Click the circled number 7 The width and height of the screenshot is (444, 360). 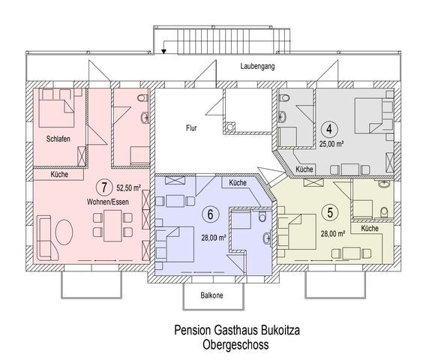pos(104,187)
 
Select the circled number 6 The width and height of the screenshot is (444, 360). pos(210,214)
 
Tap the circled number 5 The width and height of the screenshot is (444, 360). pos(330,213)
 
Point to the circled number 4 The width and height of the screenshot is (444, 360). pos(328,129)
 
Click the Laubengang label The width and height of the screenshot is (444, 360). pos(257,67)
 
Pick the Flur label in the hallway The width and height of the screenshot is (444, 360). pos(191,128)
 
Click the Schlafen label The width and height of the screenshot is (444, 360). pos(58,139)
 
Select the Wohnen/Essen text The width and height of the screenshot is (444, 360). pos(107,202)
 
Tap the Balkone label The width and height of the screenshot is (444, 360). pos(211,295)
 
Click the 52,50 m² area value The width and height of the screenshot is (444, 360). pos(129,187)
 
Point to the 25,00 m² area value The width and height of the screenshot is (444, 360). pos(331,144)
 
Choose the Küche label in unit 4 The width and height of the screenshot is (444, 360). pos(304,169)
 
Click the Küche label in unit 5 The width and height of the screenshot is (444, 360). pos(370,228)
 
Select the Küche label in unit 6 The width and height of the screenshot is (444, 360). pos(238,183)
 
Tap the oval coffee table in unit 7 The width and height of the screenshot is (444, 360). pos(64,232)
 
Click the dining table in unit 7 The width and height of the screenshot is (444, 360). pos(112,226)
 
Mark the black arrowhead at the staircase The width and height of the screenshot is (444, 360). pos(163,51)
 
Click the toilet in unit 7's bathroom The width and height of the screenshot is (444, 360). pos(142,98)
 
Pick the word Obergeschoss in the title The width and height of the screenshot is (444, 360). pos(235,345)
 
